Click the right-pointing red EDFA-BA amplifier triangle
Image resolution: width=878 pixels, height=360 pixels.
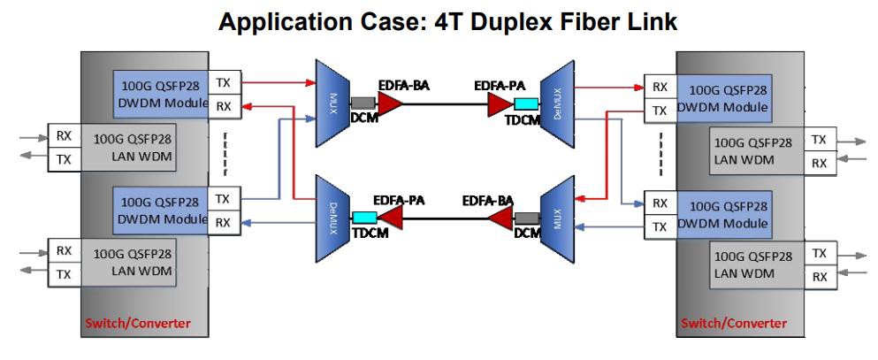(390, 103)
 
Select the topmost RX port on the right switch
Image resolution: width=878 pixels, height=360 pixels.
(660, 88)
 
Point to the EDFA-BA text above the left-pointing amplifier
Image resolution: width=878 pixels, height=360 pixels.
(489, 201)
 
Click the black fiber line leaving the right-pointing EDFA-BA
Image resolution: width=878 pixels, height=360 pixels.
(442, 103)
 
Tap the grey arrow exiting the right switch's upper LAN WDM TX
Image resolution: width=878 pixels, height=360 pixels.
(854, 140)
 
